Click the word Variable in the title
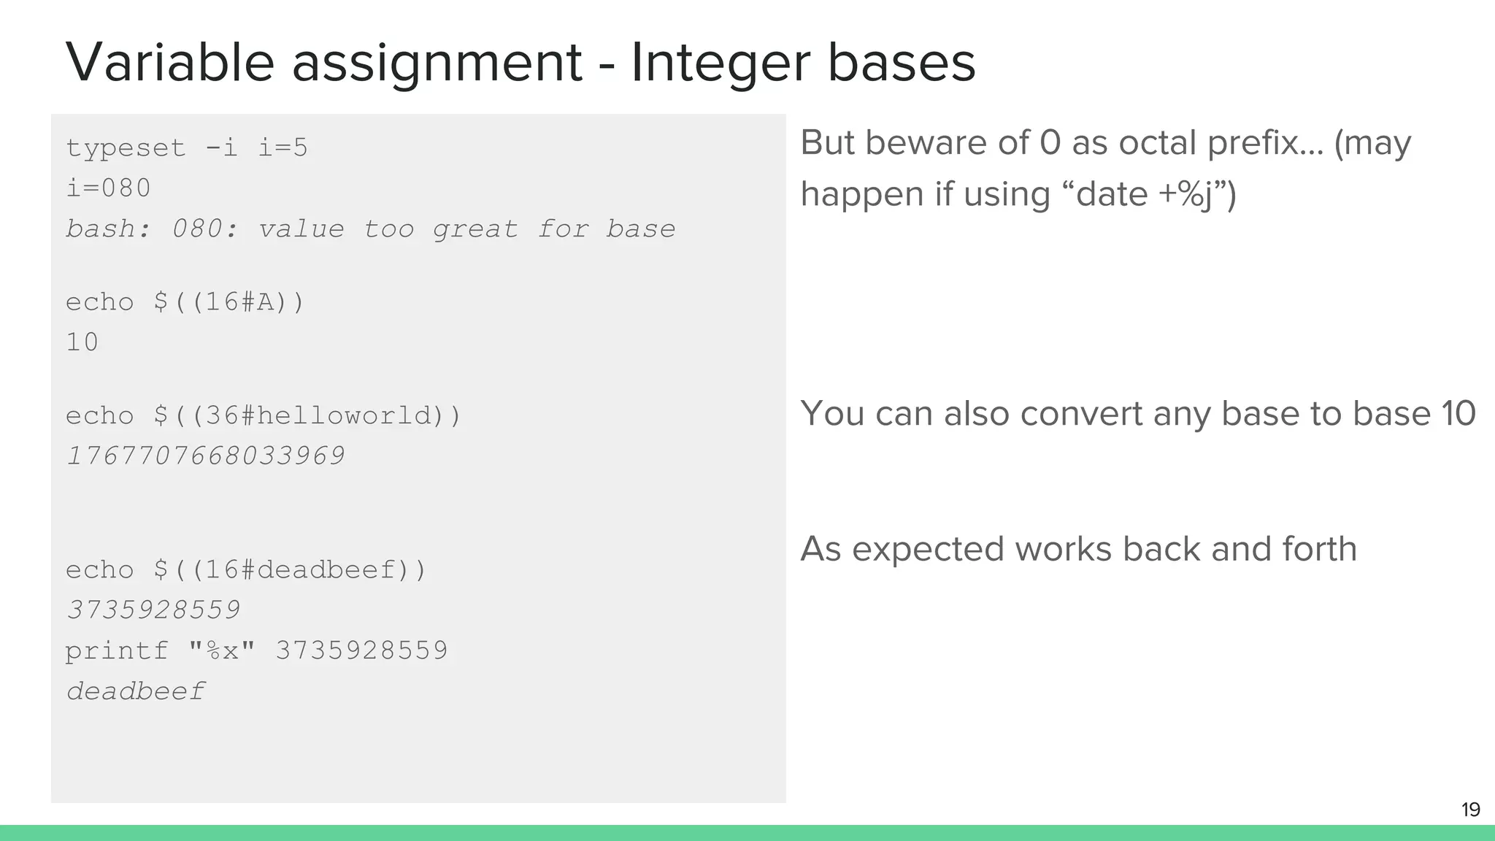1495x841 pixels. tap(169, 62)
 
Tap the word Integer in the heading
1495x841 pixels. tap(720, 62)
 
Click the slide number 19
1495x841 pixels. tap(1470, 810)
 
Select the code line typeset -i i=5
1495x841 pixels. tap(187, 148)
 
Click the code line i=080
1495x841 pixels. tap(108, 188)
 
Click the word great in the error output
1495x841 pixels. tap(475, 229)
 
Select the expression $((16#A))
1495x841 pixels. tap(229, 302)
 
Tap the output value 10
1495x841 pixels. tap(82, 342)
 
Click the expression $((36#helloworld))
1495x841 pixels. tap(307, 416)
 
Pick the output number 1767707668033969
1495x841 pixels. tap(205, 456)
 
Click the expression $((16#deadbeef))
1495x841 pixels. tap(290, 570)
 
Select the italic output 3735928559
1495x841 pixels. tap(153, 610)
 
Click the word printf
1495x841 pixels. tap(117, 650)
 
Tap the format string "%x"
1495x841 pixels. tap(222, 650)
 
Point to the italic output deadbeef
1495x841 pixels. tap(136, 691)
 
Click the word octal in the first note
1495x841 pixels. tap(1158, 142)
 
